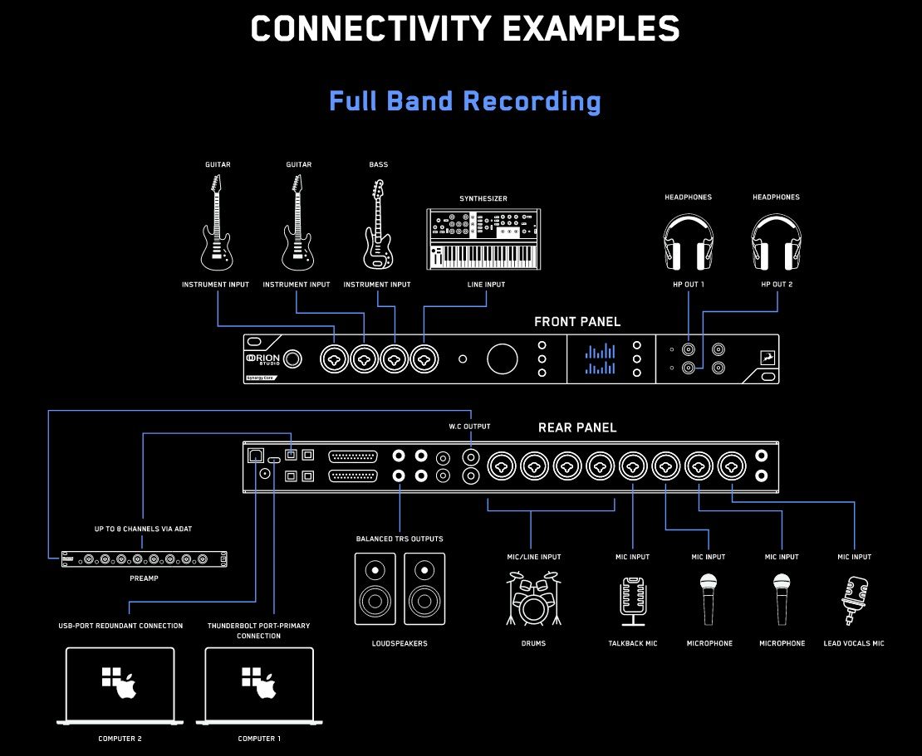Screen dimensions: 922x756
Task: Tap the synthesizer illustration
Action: pyautogui.click(x=483, y=239)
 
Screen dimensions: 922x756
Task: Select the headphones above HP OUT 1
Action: pyautogui.click(x=688, y=242)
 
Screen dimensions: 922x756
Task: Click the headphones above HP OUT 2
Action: pyautogui.click(x=776, y=242)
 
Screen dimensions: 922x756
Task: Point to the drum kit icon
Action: pyautogui.click(x=533, y=598)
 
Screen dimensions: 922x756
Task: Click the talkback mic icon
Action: pyautogui.click(x=633, y=602)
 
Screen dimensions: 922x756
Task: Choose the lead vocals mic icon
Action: pyautogui.click(x=854, y=600)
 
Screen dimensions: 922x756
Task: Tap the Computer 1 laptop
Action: pyautogui.click(x=258, y=686)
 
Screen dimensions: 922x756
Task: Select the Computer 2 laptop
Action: pyautogui.click(x=120, y=686)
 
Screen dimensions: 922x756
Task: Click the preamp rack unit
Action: pyautogui.click(x=144, y=558)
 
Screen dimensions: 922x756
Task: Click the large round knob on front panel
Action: pyautogui.click(x=503, y=358)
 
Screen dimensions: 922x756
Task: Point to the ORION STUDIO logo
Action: pyautogui.click(x=262, y=358)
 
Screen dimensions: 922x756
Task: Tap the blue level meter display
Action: pyautogui.click(x=600, y=358)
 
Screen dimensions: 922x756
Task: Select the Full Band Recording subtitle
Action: pyautogui.click(x=465, y=101)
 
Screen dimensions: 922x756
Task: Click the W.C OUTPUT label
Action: pyautogui.click(x=469, y=427)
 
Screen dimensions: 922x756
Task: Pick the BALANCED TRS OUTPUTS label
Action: pyautogui.click(x=400, y=539)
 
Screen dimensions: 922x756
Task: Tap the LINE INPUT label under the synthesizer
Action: pyautogui.click(x=486, y=285)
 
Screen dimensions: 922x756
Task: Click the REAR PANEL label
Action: pyautogui.click(x=577, y=427)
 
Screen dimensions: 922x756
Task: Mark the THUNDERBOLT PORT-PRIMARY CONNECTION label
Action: pyautogui.click(x=258, y=631)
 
